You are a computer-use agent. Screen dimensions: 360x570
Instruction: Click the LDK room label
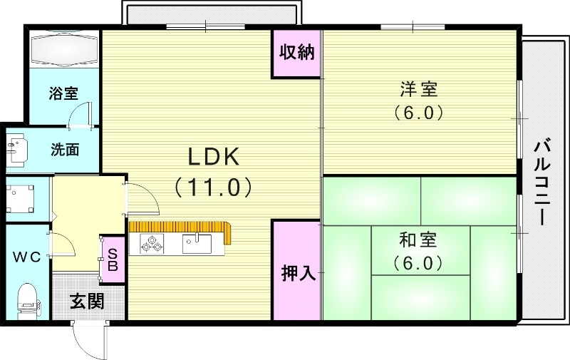click(x=212, y=155)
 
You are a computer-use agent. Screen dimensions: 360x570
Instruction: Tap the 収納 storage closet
click(x=296, y=53)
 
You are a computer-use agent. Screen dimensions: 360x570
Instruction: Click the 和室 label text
click(x=418, y=240)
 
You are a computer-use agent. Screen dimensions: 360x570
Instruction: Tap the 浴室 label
click(x=63, y=93)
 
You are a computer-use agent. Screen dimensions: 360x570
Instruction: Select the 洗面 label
click(x=64, y=150)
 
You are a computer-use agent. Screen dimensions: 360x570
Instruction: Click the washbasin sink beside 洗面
click(x=16, y=148)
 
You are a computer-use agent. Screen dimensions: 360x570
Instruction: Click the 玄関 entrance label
click(x=87, y=301)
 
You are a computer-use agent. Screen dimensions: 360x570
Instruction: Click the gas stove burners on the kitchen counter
click(x=152, y=244)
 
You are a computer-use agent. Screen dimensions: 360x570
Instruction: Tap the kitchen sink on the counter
click(x=196, y=244)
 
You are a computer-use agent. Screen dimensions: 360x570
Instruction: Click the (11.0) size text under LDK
click(x=212, y=187)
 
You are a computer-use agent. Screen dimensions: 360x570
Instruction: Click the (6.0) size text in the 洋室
click(x=418, y=113)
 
